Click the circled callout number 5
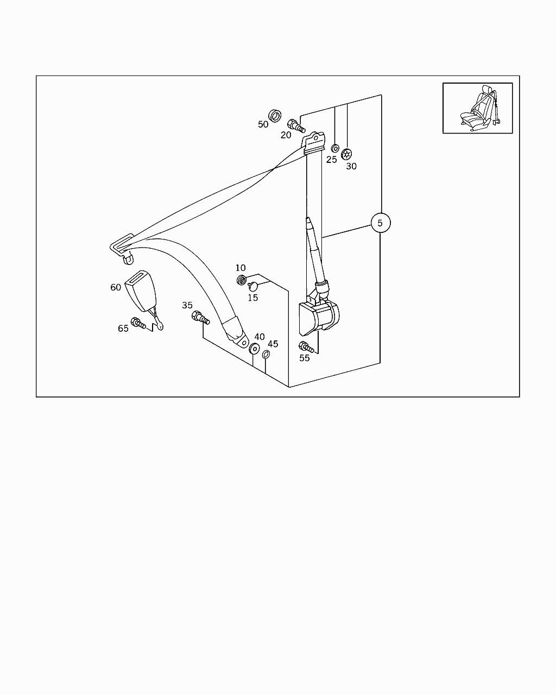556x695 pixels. tap(380, 223)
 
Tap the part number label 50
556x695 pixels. tap(263, 124)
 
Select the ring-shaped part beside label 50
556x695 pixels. tap(275, 116)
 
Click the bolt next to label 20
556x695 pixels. tap(296, 125)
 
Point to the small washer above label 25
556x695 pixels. tap(335, 148)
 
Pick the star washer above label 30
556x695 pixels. tap(346, 154)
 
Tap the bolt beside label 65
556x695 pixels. tap(138, 323)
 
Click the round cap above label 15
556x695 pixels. tap(253, 286)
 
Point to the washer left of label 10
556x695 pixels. tap(241, 280)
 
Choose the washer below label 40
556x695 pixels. tap(254, 349)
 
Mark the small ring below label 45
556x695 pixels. tap(266, 355)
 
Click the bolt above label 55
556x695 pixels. tap(306, 347)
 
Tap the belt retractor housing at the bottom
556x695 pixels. tap(319, 318)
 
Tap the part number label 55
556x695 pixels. tap(304, 358)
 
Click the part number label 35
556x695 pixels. tap(187, 305)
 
